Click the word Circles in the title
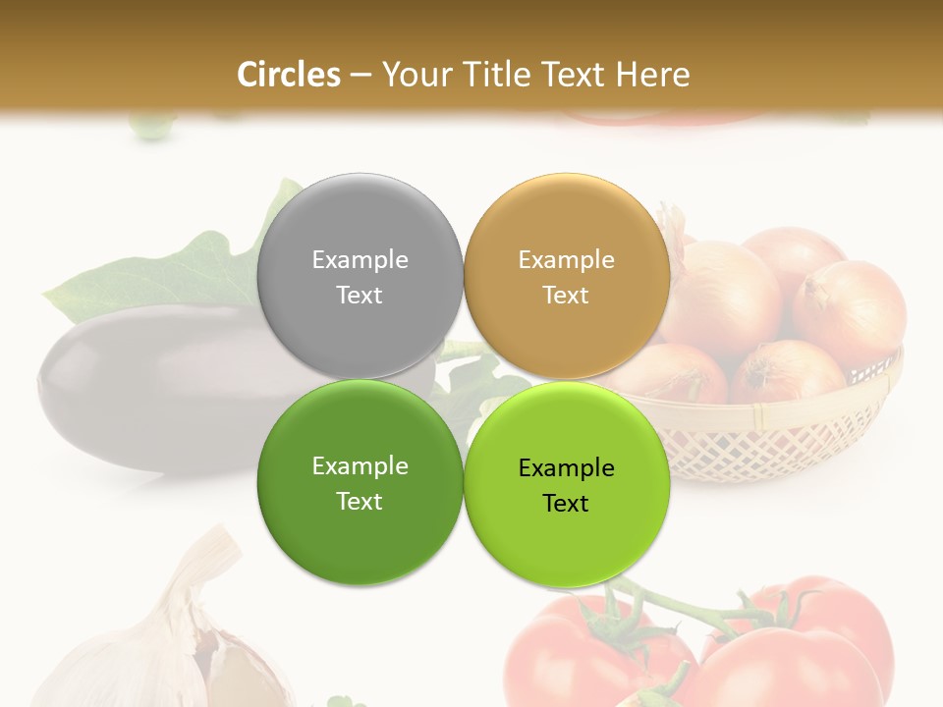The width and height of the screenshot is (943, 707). pyautogui.click(x=288, y=74)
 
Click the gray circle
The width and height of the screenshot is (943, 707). pyautogui.click(x=360, y=226)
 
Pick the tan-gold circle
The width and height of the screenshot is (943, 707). pyautogui.click(x=567, y=226)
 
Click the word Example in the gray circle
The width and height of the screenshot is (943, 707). pyautogui.click(x=360, y=259)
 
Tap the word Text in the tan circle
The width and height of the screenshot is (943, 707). pyautogui.click(x=566, y=295)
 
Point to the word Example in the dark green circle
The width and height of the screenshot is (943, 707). pyautogui.click(x=360, y=465)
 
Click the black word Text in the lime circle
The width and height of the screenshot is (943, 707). pyautogui.click(x=566, y=503)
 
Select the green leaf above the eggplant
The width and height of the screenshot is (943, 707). pyautogui.click(x=196, y=275)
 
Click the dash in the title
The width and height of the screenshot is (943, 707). pyautogui.click(x=361, y=75)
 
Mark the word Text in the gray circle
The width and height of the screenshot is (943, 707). pyautogui.click(x=360, y=295)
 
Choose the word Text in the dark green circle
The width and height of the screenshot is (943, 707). pyautogui.click(x=360, y=501)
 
